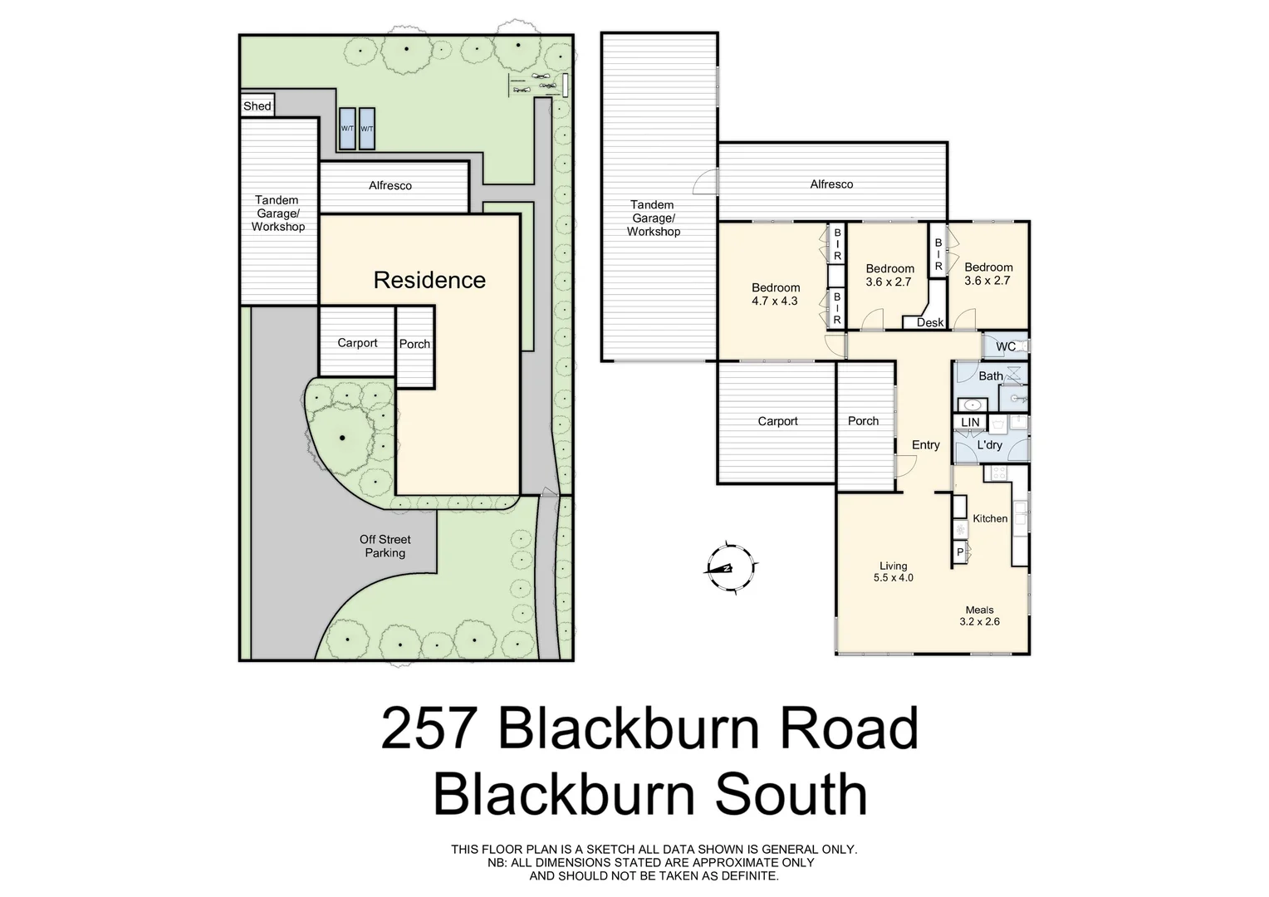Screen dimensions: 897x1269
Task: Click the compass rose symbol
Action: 729,568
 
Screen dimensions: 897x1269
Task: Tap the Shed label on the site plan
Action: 257,106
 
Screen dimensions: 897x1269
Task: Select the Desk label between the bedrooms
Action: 930,322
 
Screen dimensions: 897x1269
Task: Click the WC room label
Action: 1005,346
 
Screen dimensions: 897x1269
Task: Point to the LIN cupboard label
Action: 970,423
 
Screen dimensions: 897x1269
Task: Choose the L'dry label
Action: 989,445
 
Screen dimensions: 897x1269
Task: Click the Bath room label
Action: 990,376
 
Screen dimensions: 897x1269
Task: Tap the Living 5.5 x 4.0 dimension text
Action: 893,577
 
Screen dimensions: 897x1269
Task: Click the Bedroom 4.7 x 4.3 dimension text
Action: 775,301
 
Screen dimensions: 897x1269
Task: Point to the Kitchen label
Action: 990,518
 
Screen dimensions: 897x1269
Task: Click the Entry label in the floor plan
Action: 925,445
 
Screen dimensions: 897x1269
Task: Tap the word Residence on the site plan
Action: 429,280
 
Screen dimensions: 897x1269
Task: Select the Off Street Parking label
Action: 385,546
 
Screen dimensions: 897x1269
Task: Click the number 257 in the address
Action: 429,728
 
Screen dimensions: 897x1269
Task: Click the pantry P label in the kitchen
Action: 960,552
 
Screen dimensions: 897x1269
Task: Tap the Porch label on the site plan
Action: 414,344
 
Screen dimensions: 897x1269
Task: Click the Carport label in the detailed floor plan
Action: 777,421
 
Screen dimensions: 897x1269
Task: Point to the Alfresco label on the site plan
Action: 390,185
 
